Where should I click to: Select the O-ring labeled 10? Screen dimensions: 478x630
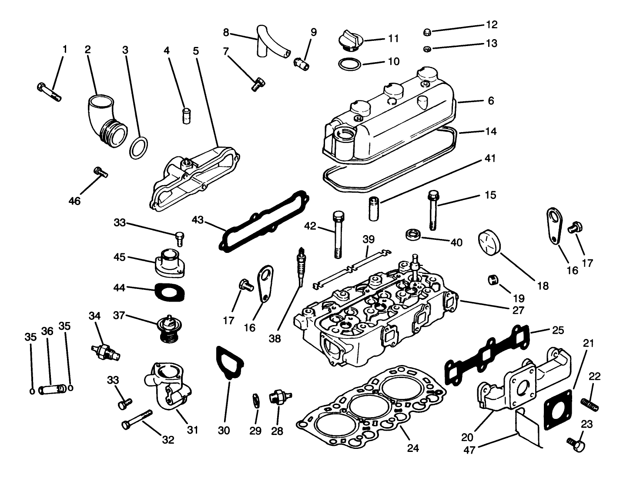point(349,65)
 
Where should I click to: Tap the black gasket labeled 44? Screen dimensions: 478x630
point(168,292)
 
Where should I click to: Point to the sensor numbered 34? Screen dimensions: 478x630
point(104,352)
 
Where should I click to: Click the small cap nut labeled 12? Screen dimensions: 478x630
point(427,32)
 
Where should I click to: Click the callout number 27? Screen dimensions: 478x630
point(518,310)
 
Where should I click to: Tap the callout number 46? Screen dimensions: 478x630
point(74,201)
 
